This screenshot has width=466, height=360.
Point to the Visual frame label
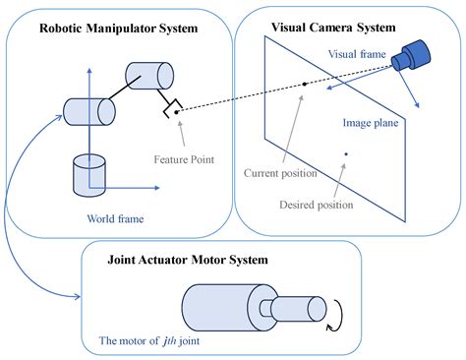[x=356, y=55]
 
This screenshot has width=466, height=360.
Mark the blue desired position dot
[x=345, y=152]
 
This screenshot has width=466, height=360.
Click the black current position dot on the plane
[x=306, y=85]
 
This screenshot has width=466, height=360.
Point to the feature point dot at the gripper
[x=176, y=113]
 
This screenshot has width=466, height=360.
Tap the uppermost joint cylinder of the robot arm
[x=148, y=74]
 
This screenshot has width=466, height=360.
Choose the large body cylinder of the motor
[x=217, y=308]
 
